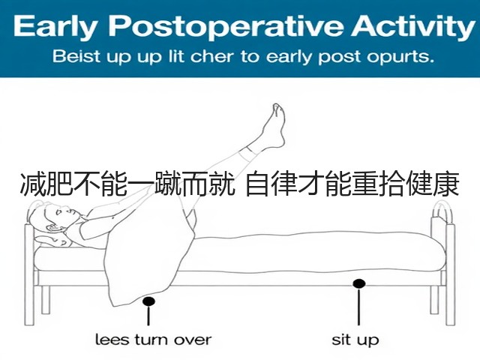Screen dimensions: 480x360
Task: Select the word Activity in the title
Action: click(413, 26)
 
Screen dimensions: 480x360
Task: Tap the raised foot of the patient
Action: click(273, 125)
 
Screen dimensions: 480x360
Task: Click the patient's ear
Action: click(51, 228)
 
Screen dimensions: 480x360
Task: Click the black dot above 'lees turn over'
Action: click(148, 301)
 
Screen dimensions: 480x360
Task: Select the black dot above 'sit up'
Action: click(358, 283)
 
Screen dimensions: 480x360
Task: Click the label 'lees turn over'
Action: click(153, 340)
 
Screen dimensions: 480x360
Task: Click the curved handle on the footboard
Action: click(443, 211)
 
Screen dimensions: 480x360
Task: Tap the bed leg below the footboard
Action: click(434, 300)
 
